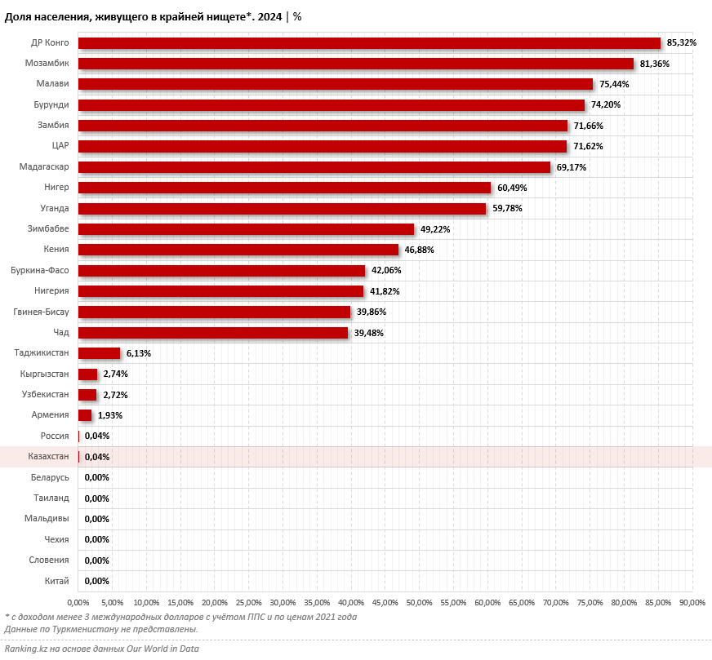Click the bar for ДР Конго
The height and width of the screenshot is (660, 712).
coord(369,43)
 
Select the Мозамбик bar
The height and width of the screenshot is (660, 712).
coord(356,64)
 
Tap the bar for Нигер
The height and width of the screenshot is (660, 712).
coord(284,188)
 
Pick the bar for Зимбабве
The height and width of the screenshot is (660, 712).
coord(246,229)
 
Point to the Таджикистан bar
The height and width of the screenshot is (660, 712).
coord(99,353)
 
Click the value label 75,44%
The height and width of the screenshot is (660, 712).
coord(614,84)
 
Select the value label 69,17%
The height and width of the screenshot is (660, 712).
coord(572,167)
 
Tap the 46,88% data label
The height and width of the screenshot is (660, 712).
coord(420,250)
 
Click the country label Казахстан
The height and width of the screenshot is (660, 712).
coord(47,457)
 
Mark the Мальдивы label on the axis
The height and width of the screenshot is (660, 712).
coord(47,519)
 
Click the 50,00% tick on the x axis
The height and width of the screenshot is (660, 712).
coord(419,603)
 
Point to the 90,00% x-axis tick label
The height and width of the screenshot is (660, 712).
coord(692,603)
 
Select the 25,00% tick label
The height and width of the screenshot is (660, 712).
coord(249,603)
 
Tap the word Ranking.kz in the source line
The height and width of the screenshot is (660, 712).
coord(24,649)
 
